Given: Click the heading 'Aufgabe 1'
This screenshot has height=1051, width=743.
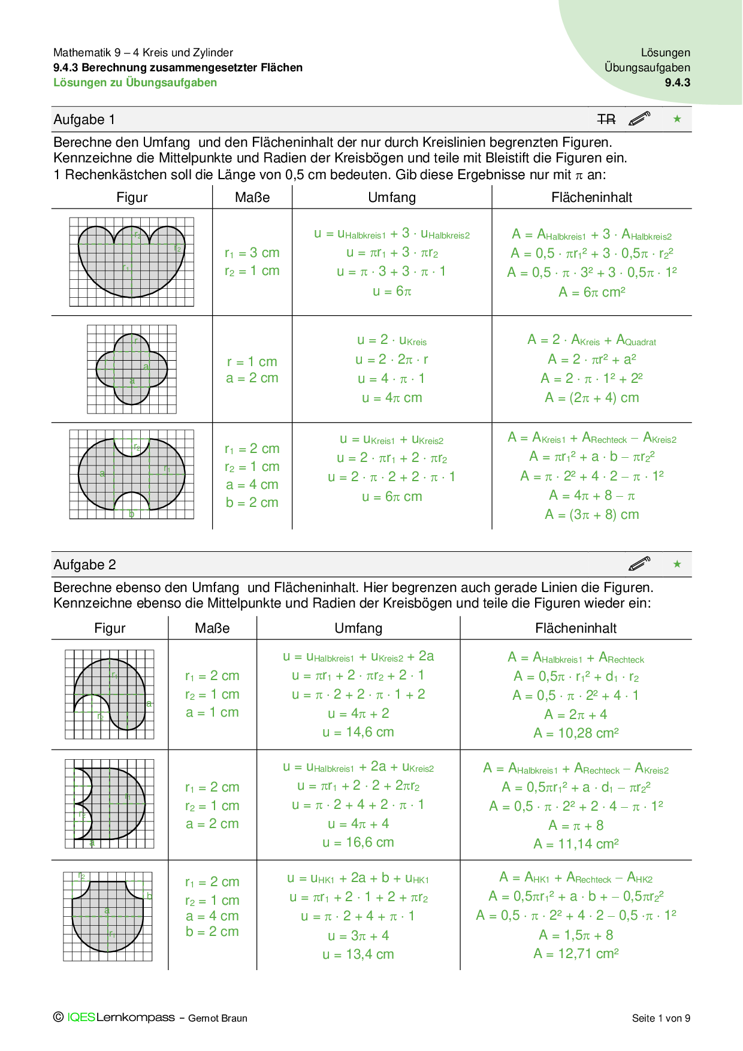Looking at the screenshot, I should click(84, 120).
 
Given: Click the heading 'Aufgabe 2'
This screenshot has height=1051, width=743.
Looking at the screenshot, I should click(84, 565).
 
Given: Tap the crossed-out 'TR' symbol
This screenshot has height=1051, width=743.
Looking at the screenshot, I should click(606, 120).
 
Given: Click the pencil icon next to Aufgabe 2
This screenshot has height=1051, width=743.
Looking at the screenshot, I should click(639, 564).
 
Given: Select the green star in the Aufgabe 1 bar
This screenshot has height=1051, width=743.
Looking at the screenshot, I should click(677, 119).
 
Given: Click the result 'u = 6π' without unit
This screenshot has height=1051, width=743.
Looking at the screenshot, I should click(392, 292).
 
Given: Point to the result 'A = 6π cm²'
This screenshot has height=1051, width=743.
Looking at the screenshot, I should click(592, 292).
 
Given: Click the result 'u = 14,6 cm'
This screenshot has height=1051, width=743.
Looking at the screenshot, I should click(358, 732).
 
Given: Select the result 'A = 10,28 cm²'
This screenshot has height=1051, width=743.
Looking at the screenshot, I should click(576, 733).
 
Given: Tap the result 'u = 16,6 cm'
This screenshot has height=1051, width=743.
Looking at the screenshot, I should click(358, 842).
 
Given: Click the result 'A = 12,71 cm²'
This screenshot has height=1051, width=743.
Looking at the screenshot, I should click(576, 953).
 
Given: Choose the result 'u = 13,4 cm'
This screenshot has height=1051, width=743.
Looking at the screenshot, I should click(358, 955).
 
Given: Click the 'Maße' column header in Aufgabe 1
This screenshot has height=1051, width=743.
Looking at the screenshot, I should click(252, 198).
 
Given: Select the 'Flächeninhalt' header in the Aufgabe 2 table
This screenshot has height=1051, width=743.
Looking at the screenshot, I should click(576, 629).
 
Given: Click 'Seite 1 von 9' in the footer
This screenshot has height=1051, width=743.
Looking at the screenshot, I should click(661, 1018).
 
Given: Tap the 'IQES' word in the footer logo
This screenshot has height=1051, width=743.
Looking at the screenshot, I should click(81, 1017).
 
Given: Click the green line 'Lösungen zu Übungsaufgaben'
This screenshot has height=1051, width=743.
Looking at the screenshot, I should click(135, 83).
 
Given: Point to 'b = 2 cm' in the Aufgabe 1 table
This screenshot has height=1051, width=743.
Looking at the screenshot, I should click(252, 503).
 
